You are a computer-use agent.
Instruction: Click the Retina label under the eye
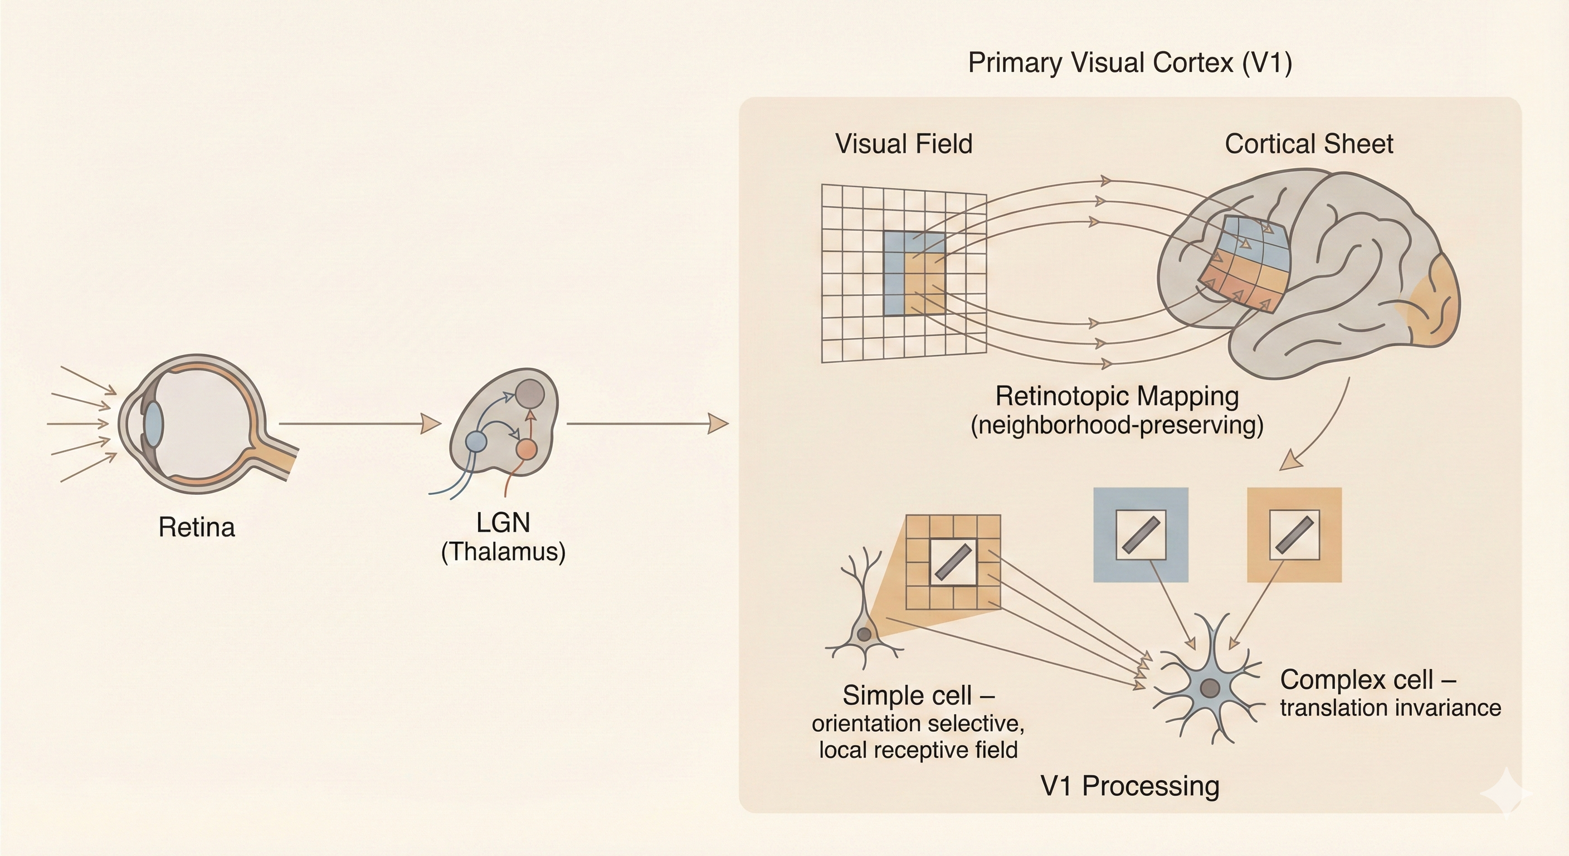(x=196, y=528)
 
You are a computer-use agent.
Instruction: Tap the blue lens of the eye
(x=153, y=423)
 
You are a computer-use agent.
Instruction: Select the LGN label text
(x=503, y=523)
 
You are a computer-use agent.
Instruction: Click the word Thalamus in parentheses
(x=503, y=552)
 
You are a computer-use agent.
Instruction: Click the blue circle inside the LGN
(x=476, y=441)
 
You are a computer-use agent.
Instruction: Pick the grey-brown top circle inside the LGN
(x=530, y=393)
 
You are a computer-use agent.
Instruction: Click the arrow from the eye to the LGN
(x=359, y=423)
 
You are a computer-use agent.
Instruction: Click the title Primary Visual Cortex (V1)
(x=1130, y=63)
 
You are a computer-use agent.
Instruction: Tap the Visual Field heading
(x=904, y=144)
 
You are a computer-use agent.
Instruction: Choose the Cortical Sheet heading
(x=1308, y=144)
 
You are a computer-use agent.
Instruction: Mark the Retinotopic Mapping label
(x=1117, y=397)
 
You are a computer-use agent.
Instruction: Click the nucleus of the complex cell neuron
(x=1210, y=688)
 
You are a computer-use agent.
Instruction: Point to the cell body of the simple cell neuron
(x=864, y=635)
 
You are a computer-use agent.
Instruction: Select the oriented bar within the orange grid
(x=953, y=562)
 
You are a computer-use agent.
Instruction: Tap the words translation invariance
(x=1390, y=708)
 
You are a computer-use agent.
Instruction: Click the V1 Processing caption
(x=1130, y=786)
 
